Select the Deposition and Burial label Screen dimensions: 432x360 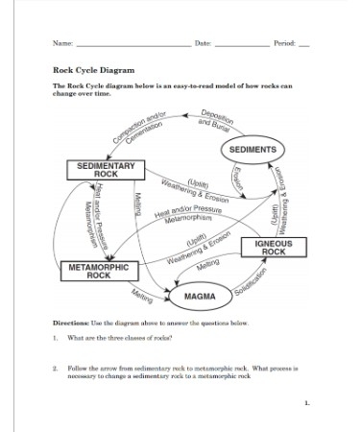click(x=217, y=118)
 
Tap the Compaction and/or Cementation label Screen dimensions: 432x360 click(x=140, y=130)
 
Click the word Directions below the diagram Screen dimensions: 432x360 click(x=70, y=324)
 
